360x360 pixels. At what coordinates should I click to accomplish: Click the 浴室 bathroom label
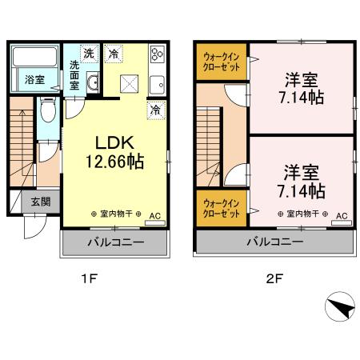pyautogui.click(x=34, y=80)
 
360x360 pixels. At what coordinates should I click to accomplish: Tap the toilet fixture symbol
pyautogui.click(x=48, y=110)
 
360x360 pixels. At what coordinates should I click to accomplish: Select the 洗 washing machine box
pyautogui.click(x=89, y=54)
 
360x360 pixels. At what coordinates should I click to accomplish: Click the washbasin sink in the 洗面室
pyautogui.click(x=93, y=82)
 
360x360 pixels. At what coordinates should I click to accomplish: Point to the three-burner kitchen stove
pyautogui.click(x=157, y=54)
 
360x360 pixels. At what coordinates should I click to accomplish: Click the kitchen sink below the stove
pyautogui.click(x=158, y=85)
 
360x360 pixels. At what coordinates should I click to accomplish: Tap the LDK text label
pyautogui.click(x=114, y=142)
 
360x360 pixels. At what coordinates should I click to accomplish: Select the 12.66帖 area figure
pyautogui.click(x=114, y=162)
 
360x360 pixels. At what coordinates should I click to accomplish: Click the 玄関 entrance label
pyautogui.click(x=41, y=202)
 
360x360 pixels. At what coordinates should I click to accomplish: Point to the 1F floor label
pyautogui.click(x=89, y=279)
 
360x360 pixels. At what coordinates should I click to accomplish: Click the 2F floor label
pyautogui.click(x=274, y=279)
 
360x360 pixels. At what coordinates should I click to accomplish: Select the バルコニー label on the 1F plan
pyautogui.click(x=116, y=242)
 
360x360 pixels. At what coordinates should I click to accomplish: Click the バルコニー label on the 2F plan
pyautogui.click(x=274, y=242)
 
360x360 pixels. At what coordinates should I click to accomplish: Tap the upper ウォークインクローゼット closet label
pyautogui.click(x=222, y=62)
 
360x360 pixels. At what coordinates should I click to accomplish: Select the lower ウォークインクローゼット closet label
pyautogui.click(x=222, y=209)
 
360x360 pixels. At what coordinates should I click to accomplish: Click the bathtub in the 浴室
pyautogui.click(x=34, y=57)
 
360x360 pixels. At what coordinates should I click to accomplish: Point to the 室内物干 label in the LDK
pyautogui.click(x=116, y=214)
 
